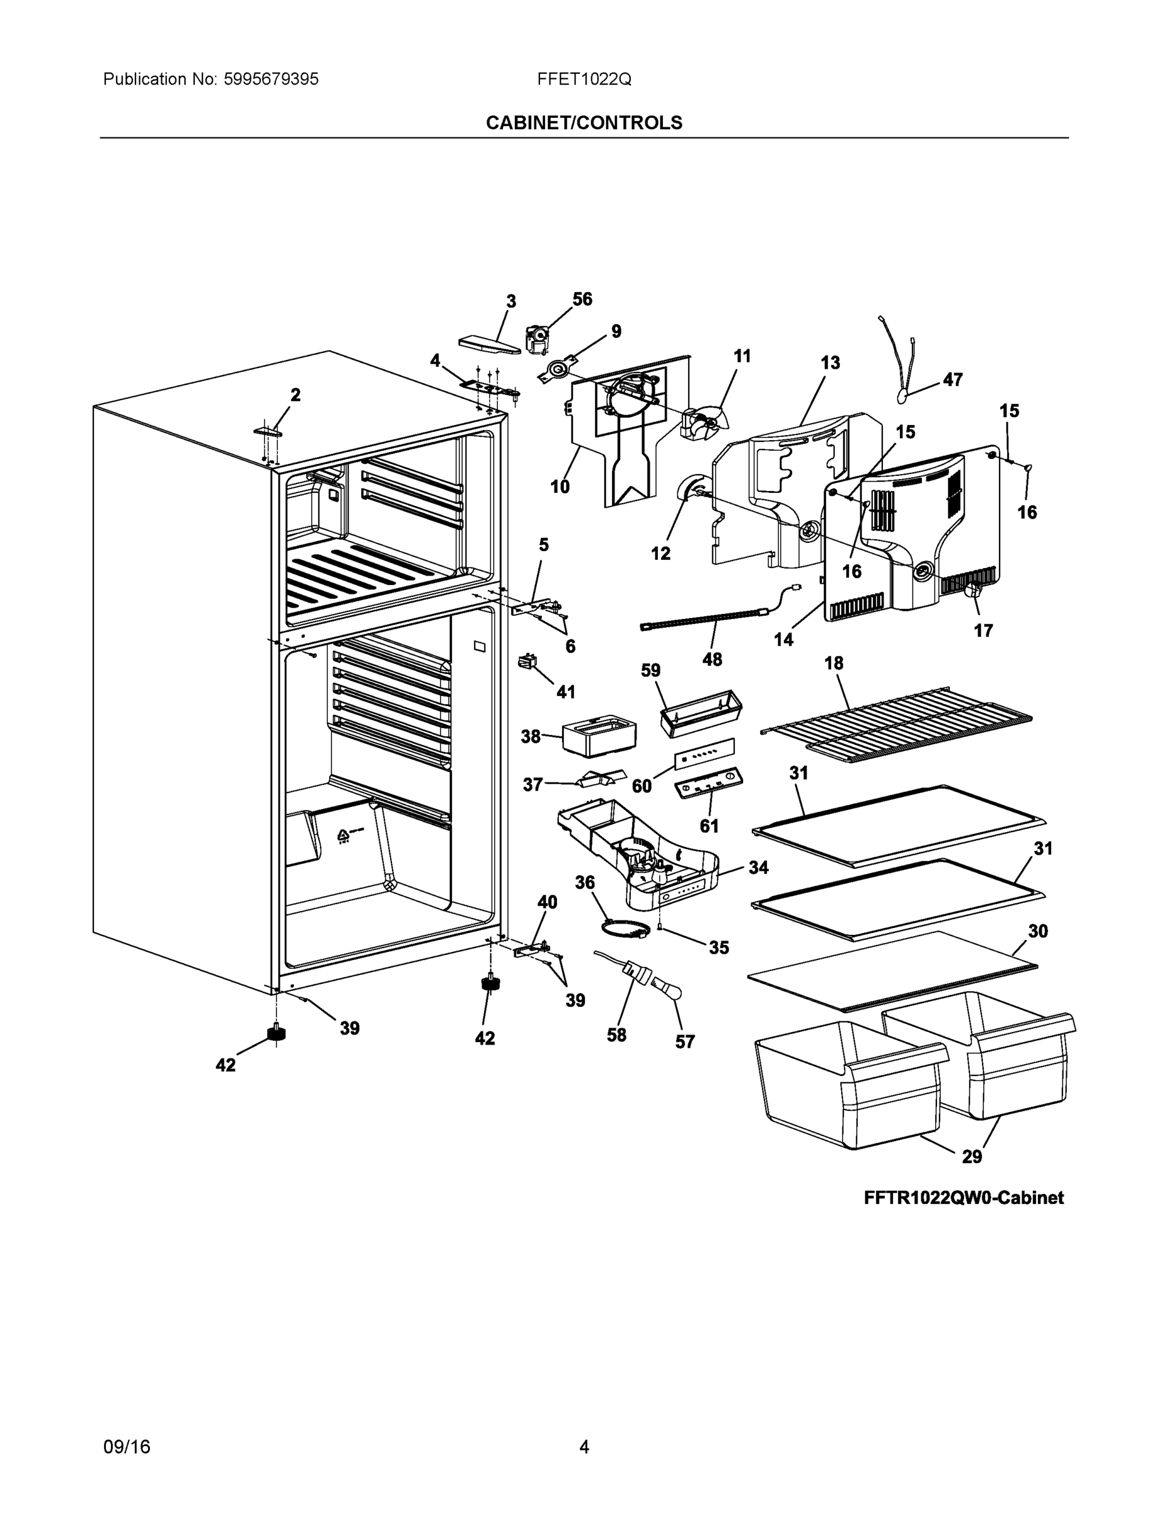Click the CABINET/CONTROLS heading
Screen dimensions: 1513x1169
pyautogui.click(x=584, y=123)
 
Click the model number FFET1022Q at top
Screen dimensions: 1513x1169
pyautogui.click(x=584, y=79)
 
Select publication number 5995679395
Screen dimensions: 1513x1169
pyautogui.click(x=271, y=79)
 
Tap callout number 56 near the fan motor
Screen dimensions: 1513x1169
pyautogui.click(x=582, y=299)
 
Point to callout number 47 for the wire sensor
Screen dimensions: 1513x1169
pyautogui.click(x=953, y=380)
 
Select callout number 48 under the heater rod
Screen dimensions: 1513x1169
pyautogui.click(x=712, y=659)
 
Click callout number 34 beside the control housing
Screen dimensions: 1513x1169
pyautogui.click(x=758, y=867)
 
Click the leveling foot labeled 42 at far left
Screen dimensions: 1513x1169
pyautogui.click(x=276, y=1035)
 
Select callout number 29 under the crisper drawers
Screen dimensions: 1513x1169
pyautogui.click(x=972, y=1156)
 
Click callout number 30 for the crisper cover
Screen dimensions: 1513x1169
pyautogui.click(x=1037, y=931)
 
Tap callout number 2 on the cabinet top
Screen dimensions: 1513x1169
pyautogui.click(x=296, y=395)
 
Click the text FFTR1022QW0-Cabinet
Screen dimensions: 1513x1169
pyautogui.click(x=964, y=1198)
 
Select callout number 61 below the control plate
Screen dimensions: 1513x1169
pyautogui.click(x=709, y=826)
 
